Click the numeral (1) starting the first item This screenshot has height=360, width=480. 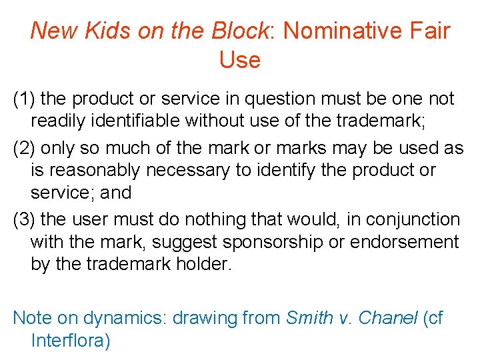25,99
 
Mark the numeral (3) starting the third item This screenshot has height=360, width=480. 25,219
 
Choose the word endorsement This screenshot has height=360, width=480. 407,243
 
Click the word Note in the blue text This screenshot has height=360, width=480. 31,318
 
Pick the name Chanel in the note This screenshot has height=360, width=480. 387,318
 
